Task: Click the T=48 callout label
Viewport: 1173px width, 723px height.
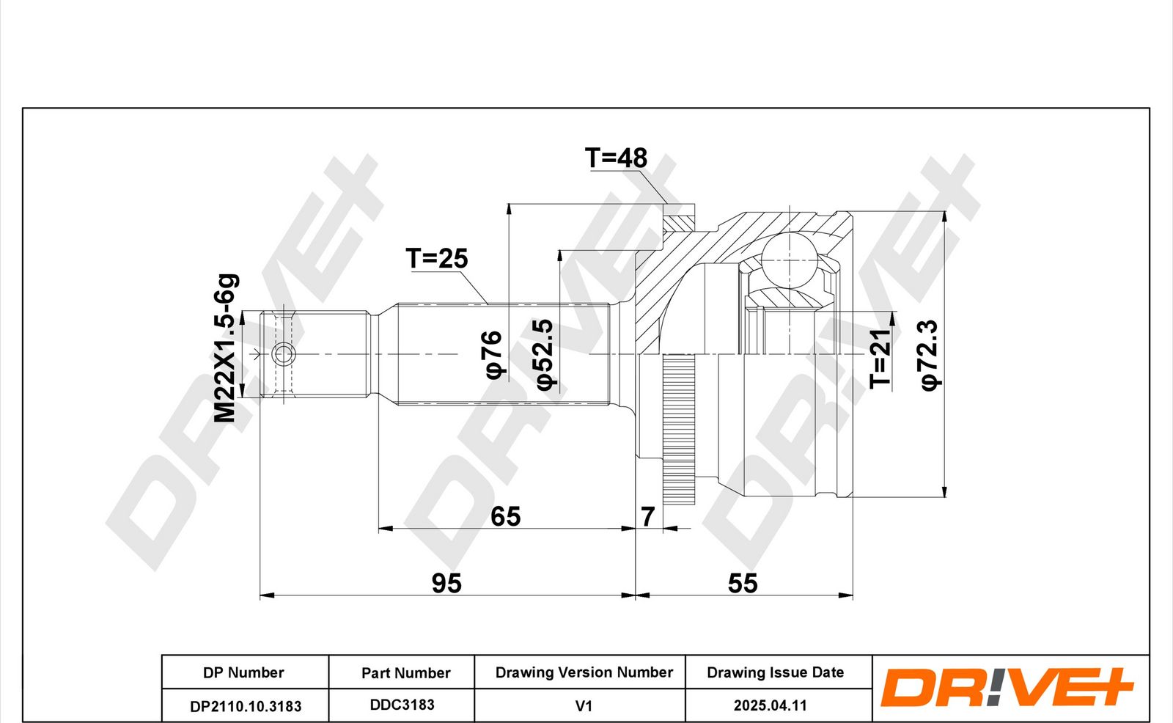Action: (616, 158)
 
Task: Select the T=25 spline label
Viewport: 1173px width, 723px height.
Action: (437, 258)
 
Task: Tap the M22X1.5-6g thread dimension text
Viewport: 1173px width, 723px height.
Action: (227, 348)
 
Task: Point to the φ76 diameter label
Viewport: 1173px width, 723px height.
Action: (493, 354)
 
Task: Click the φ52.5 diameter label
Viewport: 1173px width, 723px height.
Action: (545, 355)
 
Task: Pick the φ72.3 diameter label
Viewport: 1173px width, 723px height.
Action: (930, 355)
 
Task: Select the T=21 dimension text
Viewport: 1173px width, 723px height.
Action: (880, 359)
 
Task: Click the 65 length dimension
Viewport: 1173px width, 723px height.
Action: (505, 516)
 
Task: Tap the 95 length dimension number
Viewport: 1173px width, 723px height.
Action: (446, 583)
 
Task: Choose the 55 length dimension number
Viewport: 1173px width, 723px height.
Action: (743, 583)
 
